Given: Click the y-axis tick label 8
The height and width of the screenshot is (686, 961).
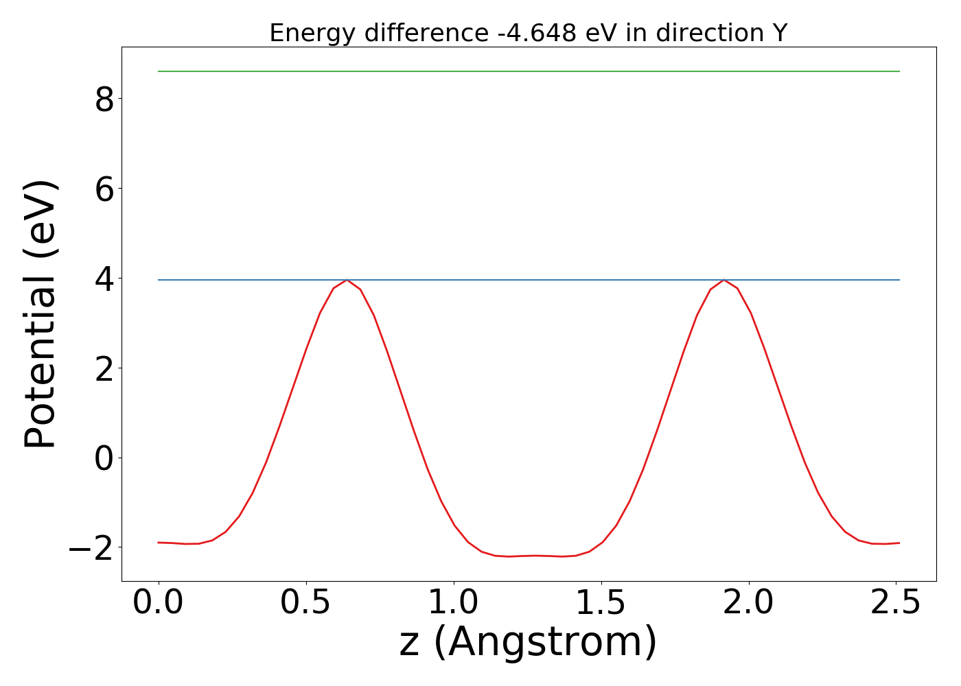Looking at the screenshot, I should coord(104,99).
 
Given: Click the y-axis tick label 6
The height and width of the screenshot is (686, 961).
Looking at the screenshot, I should coord(104,189).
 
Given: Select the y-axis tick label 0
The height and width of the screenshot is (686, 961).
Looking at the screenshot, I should coord(104,458).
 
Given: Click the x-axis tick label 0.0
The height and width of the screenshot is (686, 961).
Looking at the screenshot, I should coord(159,602).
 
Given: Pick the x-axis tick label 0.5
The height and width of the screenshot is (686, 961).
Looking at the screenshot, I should coord(306,602).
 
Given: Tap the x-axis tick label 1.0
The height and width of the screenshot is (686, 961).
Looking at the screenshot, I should coord(454,602).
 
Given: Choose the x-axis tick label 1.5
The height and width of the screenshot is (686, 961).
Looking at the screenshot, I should coord(601,602).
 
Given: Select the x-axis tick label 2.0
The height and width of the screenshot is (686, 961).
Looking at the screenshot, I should coord(749,602).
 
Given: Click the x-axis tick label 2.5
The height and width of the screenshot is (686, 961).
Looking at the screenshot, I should coord(896,602).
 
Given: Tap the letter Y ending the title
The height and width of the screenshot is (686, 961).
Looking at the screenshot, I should coord(778,33).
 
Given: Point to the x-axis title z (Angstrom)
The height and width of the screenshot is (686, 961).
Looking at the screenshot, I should coord(529,643).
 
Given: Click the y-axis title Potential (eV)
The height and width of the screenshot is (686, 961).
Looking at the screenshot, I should coord(40,314).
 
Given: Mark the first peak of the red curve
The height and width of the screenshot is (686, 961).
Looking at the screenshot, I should coord(347,280).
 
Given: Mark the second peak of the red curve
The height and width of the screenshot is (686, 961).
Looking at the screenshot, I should coord(723,280).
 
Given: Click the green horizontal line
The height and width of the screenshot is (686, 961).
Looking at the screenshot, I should coord(529,71).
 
